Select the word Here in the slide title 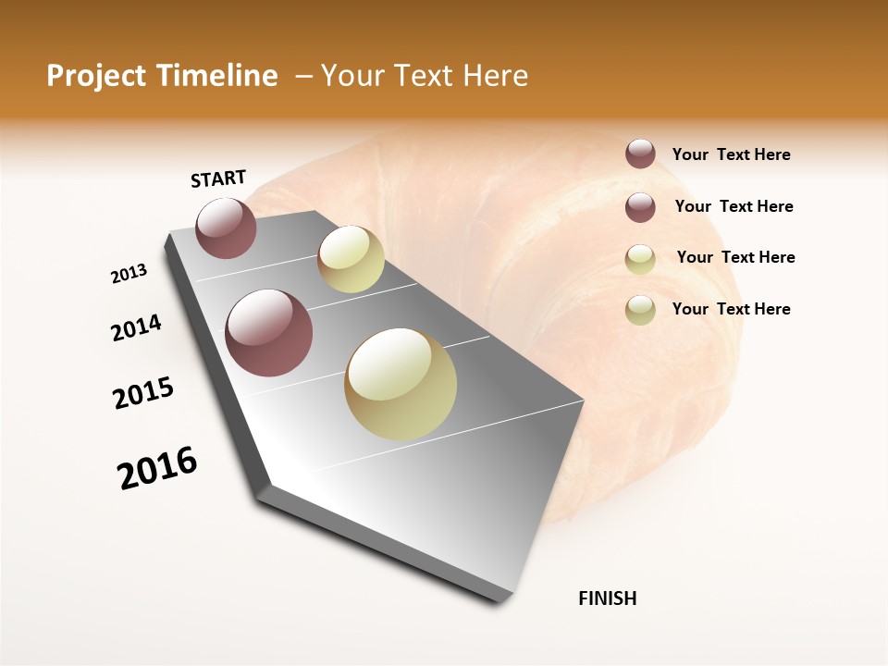pos(495,76)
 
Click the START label pos(218,178)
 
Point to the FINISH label pos(608,598)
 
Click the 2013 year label pos(129,274)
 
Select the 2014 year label pos(136,327)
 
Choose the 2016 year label pos(157,468)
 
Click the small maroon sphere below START pos(226,228)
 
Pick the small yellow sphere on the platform pos(351,259)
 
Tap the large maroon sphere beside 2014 pos(268,333)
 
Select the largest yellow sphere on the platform pos(401,384)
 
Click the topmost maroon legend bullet pos(640,154)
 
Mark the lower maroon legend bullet pos(640,207)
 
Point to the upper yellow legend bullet pos(640,259)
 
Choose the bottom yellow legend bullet pos(640,310)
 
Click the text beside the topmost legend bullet pos(731,155)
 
